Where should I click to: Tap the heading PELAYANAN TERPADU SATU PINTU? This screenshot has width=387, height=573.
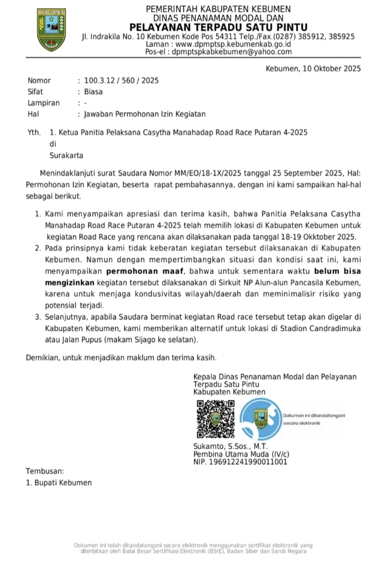[x=218, y=28]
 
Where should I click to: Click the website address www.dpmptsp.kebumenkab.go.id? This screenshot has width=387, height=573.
[x=234, y=44]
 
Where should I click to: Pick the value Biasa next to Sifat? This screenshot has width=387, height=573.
[x=93, y=92]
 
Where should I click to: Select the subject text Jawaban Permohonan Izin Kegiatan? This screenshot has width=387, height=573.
[x=144, y=114]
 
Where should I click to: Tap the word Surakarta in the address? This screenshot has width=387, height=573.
[x=66, y=155]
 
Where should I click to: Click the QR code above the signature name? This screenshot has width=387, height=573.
[x=215, y=418]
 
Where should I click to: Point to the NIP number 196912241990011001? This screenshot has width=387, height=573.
[x=241, y=462]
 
